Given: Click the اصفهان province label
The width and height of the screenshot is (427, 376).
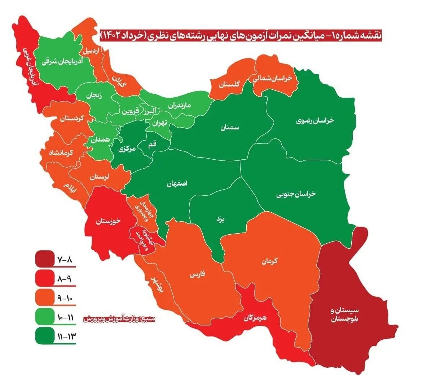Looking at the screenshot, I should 177,183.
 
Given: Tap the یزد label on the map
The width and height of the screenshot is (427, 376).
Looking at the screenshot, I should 220,219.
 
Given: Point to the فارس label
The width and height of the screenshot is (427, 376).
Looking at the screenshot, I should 197,275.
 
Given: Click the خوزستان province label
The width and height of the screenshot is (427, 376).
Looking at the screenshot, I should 108,222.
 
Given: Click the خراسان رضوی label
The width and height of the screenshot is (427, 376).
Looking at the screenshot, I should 315,120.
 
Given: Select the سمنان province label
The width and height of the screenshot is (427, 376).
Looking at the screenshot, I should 230,128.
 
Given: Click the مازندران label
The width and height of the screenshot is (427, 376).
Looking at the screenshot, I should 179,106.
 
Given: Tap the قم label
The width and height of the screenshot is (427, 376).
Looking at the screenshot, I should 153,144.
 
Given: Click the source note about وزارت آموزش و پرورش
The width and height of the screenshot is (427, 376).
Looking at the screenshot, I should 119,319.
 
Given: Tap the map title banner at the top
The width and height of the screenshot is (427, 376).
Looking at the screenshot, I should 241,35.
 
